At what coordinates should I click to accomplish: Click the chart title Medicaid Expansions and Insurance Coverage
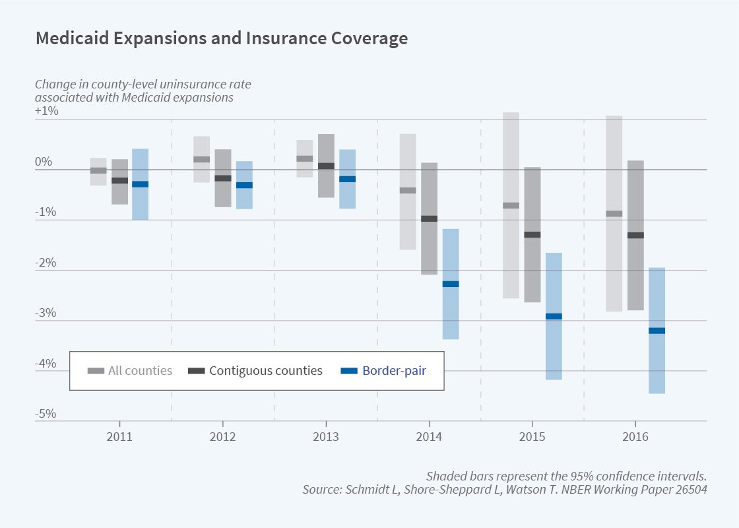221,38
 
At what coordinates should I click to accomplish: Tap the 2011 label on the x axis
119,437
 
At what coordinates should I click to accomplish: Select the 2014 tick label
429,437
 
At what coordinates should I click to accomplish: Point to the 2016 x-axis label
635,437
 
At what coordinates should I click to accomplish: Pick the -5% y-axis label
46,414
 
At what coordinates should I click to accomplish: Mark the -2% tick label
46,263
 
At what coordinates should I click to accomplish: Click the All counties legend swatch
96,371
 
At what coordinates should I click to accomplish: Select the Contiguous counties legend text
266,371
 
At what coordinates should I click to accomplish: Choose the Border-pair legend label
394,371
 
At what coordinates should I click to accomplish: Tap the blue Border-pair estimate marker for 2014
451,284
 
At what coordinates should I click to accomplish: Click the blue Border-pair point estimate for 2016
657,331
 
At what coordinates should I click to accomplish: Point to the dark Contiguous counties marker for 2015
532,234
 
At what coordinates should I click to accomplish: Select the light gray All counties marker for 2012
201,159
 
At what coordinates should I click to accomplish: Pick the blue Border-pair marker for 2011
140,184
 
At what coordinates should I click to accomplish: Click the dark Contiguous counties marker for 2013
326,166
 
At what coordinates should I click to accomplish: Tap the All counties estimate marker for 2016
614,213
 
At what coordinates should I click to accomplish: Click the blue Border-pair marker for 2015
554,316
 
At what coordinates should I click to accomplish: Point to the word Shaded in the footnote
446,476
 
